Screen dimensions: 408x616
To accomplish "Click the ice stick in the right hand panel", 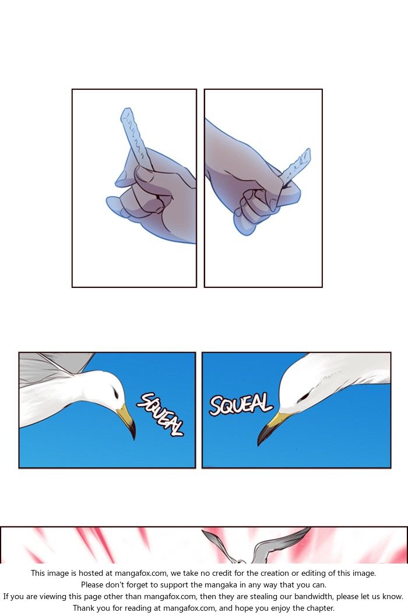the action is tap(296, 166).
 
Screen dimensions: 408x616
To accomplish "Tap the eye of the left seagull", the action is tap(115, 392).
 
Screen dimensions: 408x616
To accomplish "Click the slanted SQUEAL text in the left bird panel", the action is tap(160, 414).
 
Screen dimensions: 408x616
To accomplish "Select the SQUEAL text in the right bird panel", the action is tap(241, 404).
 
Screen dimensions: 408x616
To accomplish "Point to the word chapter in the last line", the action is tap(319, 608).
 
